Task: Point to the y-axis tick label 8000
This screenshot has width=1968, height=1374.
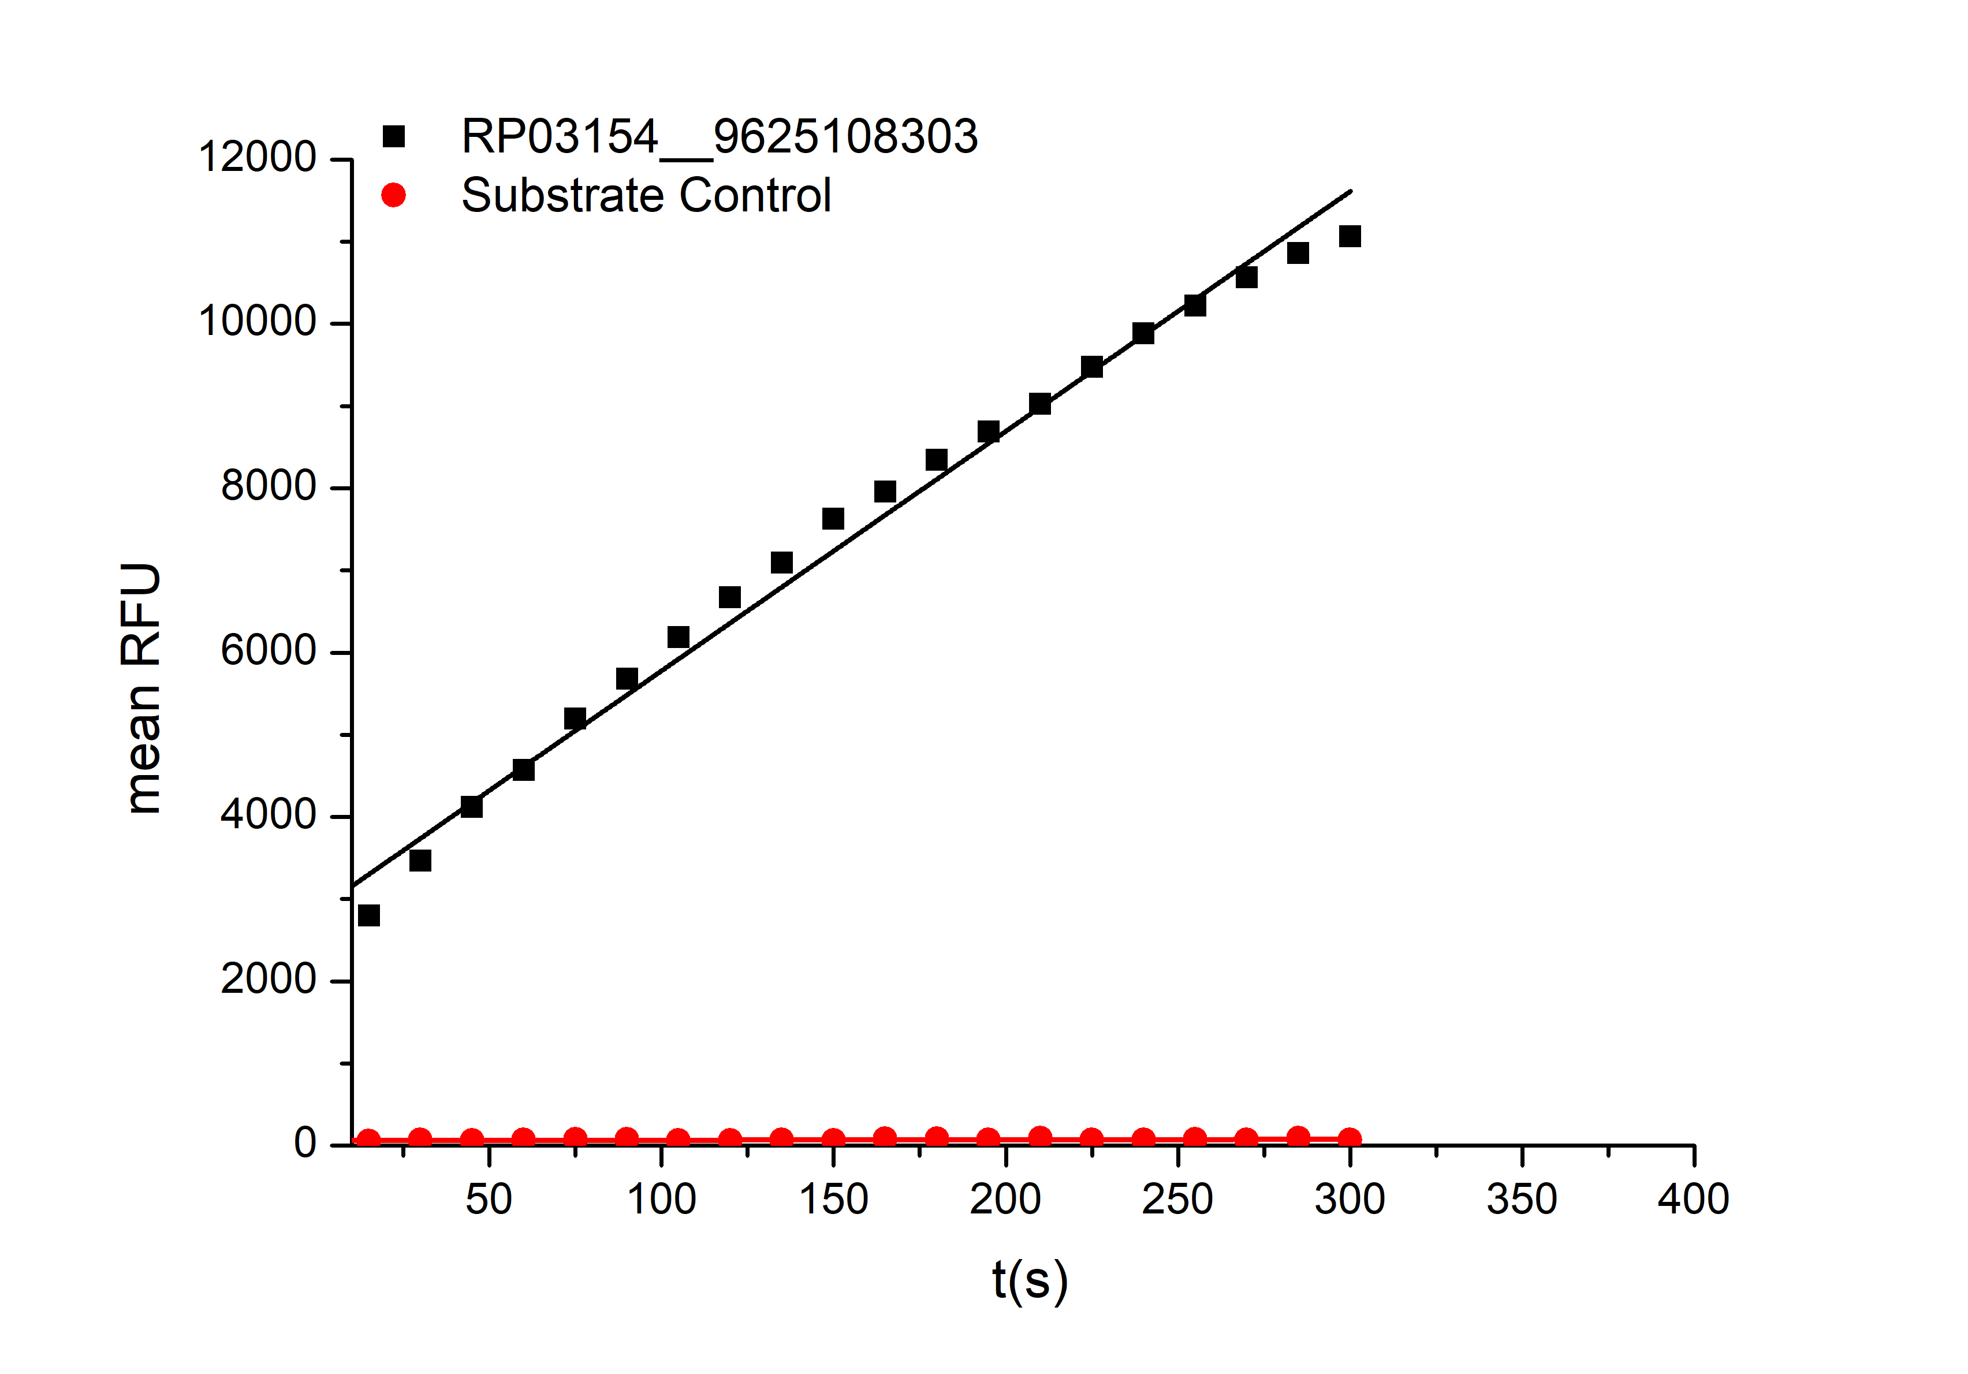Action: click(269, 487)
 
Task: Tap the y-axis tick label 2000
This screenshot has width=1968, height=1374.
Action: click(269, 980)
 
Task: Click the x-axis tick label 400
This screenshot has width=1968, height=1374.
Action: click(1693, 1199)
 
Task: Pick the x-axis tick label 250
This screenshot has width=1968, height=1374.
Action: click(1177, 1199)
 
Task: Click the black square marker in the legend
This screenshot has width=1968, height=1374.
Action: click(393, 137)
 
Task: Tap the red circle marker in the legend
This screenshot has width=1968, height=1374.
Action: click(393, 195)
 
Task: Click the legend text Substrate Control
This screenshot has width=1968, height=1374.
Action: click(646, 195)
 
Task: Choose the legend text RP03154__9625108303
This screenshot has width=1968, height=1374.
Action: click(719, 137)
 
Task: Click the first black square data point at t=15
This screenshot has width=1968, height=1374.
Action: click(368, 915)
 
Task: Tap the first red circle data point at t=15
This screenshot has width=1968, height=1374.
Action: click(368, 1140)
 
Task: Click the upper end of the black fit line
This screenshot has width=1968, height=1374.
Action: click(1351, 191)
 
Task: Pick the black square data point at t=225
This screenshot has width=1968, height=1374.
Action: click(1091, 367)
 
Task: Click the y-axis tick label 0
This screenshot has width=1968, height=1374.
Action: click(305, 1144)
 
